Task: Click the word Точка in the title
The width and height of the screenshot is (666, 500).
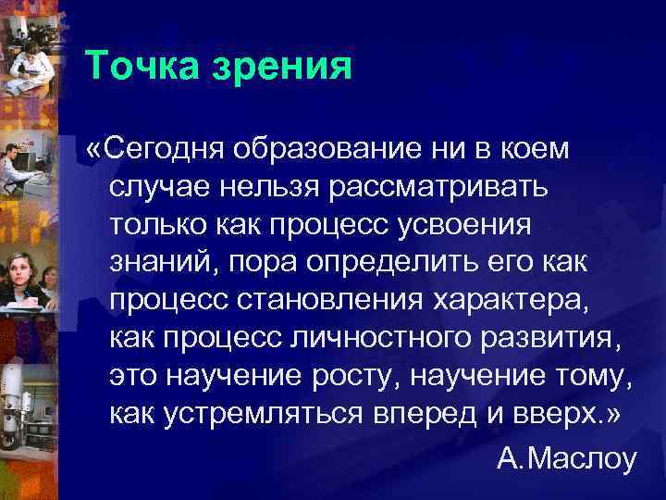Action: tap(141, 68)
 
